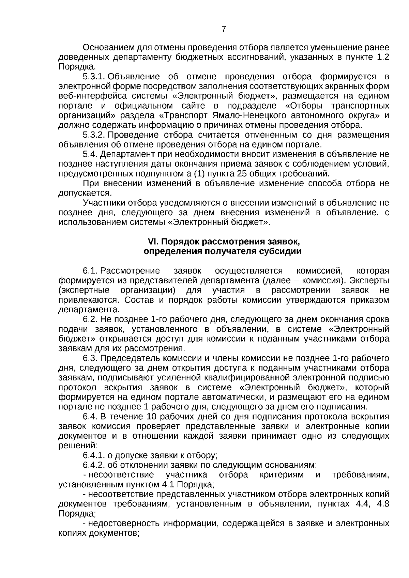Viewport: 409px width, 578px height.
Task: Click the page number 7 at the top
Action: click(x=224, y=29)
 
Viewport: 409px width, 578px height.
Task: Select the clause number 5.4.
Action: click(x=90, y=154)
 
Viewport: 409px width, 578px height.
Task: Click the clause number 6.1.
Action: click(x=90, y=271)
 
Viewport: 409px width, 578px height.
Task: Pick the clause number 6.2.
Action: click(x=90, y=319)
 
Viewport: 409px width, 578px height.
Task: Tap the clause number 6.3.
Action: click(x=90, y=358)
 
